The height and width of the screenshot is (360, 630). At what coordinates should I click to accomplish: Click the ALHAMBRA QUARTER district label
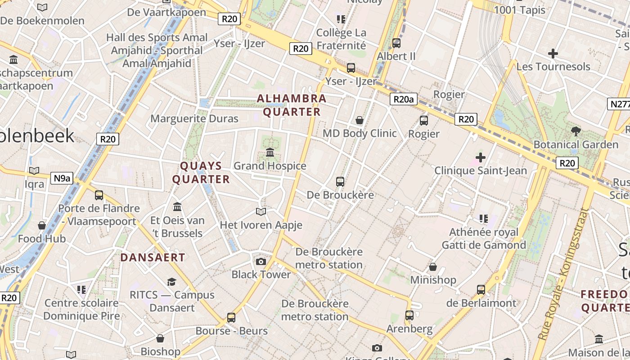[292, 105]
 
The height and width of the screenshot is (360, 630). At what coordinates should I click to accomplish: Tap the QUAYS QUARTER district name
[201, 172]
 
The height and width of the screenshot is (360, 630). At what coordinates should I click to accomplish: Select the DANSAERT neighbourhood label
[153, 257]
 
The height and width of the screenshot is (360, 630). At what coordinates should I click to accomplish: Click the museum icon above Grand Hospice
[270, 153]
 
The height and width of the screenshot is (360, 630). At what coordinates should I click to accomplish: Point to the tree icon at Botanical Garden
[576, 131]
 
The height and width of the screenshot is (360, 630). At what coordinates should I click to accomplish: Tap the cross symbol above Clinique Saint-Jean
[481, 157]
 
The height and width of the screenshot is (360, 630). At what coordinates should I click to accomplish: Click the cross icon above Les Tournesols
[553, 54]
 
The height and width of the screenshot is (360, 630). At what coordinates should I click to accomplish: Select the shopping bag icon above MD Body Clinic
[360, 120]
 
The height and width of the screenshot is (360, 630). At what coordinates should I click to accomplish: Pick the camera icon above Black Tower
[261, 261]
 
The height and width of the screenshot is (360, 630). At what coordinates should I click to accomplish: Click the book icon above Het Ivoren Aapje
[261, 211]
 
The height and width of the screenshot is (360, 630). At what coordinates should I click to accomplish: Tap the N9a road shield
[62, 178]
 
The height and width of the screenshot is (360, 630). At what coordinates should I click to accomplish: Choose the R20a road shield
[403, 99]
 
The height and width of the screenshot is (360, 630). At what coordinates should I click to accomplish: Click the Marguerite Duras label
[194, 119]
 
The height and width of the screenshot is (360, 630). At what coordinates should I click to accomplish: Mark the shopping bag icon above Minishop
[433, 267]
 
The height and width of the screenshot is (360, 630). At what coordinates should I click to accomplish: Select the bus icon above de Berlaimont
[481, 289]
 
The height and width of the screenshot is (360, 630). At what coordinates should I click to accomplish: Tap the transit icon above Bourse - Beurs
[231, 318]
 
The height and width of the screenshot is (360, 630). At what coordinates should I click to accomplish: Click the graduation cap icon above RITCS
[171, 282]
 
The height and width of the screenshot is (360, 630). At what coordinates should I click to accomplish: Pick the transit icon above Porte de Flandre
[99, 195]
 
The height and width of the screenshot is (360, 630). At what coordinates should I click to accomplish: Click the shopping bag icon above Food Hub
[42, 225]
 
